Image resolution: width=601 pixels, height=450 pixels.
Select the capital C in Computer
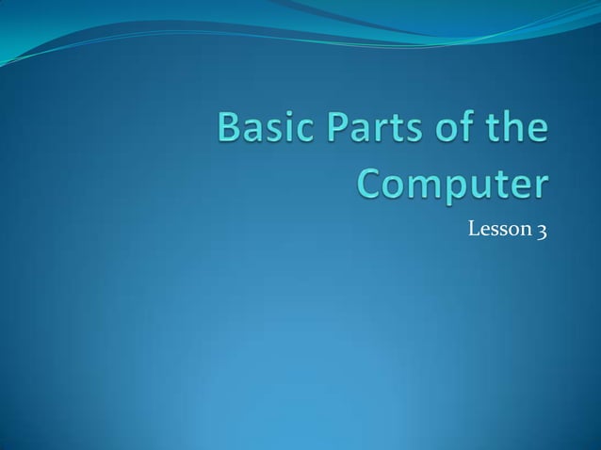click(x=369, y=184)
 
